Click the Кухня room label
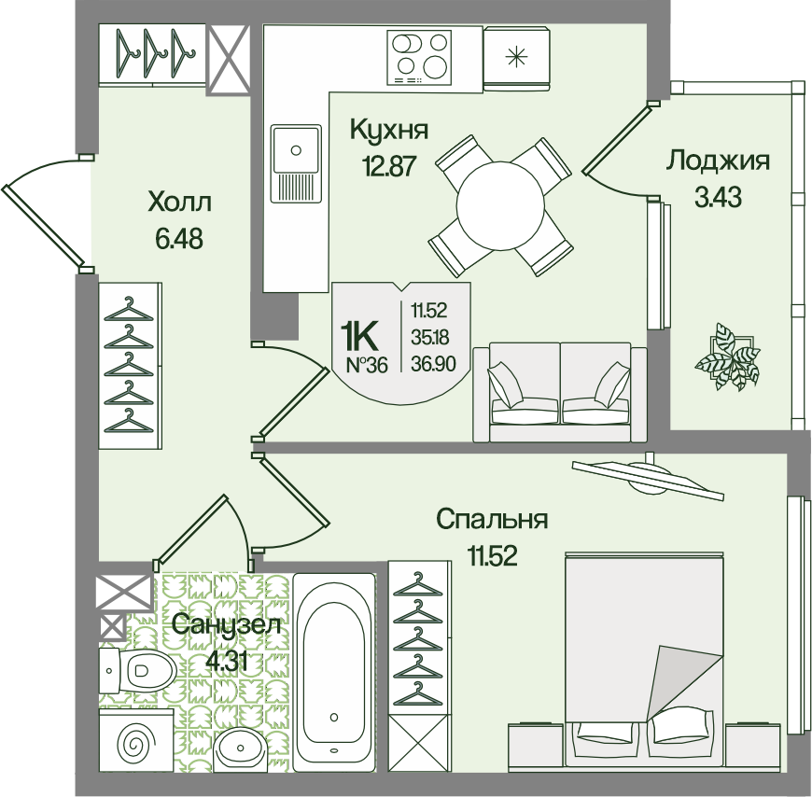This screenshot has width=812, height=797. tap(389, 130)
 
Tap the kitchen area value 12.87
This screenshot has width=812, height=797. tap(389, 166)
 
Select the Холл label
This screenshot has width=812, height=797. tap(180, 202)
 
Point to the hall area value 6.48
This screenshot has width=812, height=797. tap(178, 239)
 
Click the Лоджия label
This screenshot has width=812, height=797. tap(718, 161)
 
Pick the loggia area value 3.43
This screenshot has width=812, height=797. tap(719, 197)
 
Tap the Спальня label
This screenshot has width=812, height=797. tap(492, 520)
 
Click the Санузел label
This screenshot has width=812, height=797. tap(227, 625)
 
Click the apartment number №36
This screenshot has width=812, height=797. tap(366, 366)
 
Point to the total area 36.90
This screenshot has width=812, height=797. tap(433, 364)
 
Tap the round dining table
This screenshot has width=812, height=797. tap(499, 205)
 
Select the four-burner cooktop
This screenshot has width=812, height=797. tap(419, 57)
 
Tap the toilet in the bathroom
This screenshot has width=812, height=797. tap(136, 670)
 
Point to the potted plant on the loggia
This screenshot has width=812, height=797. tap(727, 355)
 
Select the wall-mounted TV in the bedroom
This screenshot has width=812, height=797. tap(649, 478)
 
